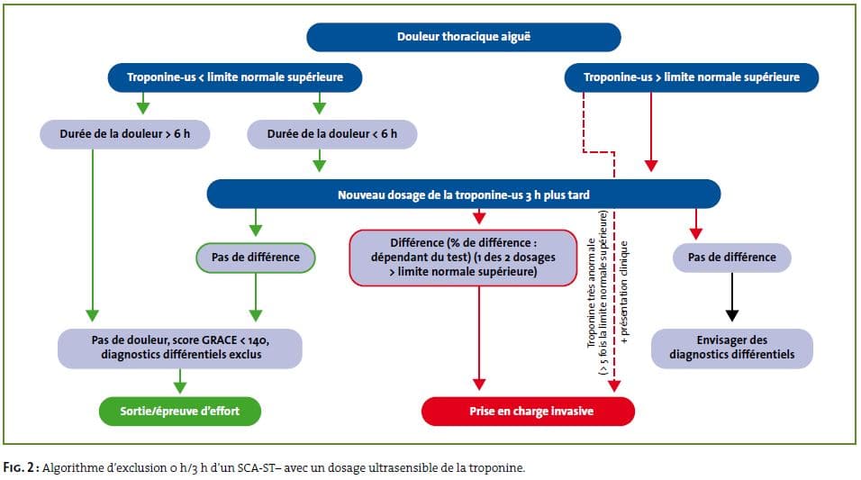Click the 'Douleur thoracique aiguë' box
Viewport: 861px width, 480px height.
(464, 37)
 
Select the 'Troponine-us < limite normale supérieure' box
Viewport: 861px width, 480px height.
(235, 77)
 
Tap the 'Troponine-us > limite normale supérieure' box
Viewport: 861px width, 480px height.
(692, 77)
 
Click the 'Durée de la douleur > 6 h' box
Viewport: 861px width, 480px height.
(124, 134)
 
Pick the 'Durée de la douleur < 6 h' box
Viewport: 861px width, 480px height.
(332, 134)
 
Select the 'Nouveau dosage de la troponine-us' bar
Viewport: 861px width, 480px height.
(464, 195)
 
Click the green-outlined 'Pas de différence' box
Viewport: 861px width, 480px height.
(256, 258)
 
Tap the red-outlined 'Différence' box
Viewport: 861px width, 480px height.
(464, 258)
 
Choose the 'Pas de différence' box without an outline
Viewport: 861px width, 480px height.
(732, 258)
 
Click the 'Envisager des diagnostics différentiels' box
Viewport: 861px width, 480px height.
(732, 349)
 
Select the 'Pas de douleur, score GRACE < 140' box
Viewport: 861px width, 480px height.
(180, 349)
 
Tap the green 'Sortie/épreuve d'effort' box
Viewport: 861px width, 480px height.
(180, 412)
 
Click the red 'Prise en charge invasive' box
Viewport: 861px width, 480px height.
(529, 412)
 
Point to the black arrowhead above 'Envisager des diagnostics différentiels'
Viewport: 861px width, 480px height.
(732, 315)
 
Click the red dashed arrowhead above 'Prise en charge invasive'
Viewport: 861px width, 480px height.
(614, 385)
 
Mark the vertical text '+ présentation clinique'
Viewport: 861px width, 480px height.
(624, 293)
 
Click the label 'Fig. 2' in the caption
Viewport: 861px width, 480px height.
(19, 468)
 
